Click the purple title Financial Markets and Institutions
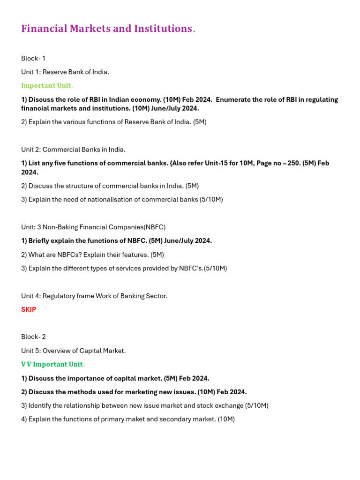(108, 29)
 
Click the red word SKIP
(29, 309)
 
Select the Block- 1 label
(33, 58)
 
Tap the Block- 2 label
(33, 337)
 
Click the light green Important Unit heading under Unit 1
(46, 85)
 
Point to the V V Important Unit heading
(52, 364)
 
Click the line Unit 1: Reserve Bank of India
(65, 72)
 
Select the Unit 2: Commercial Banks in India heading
(73, 150)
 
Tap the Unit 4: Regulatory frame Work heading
(94, 296)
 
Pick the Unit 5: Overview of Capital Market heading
(74, 351)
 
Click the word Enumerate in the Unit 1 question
(233, 99)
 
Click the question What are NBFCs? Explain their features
(92, 255)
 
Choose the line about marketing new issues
(134, 392)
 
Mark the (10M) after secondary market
(226, 419)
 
